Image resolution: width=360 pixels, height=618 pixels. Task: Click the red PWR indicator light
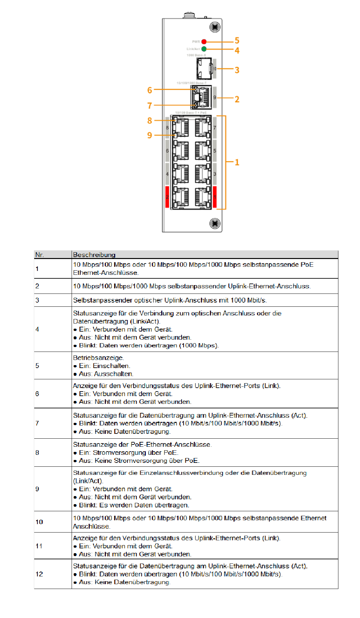tap(204, 42)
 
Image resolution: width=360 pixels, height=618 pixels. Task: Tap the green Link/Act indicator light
tap(204, 49)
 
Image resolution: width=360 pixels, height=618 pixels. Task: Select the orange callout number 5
tap(237, 41)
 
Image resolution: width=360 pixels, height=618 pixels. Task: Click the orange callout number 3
tap(237, 70)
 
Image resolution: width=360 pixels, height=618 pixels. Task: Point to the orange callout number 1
tap(237, 162)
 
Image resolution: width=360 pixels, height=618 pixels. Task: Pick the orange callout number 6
tap(150, 90)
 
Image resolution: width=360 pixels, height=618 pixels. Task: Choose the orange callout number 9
tap(150, 135)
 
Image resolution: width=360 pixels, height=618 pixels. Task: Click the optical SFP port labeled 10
tap(204, 68)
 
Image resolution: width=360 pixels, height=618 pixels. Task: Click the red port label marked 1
tap(215, 197)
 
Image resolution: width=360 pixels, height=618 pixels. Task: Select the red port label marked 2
tap(167, 197)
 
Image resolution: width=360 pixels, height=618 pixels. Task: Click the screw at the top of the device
tap(215, 27)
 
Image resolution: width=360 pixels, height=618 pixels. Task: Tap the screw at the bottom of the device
tap(215, 223)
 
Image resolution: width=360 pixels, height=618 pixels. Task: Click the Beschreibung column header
tap(94, 255)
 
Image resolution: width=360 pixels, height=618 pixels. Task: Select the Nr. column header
tap(39, 255)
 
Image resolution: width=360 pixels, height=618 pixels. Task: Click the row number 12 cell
tap(39, 574)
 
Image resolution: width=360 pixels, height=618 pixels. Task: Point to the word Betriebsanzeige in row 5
tap(98, 358)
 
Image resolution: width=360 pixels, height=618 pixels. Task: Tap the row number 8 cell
tap(37, 453)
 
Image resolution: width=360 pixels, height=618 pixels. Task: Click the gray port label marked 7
tap(215, 128)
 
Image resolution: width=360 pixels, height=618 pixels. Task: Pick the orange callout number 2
tap(237, 99)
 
